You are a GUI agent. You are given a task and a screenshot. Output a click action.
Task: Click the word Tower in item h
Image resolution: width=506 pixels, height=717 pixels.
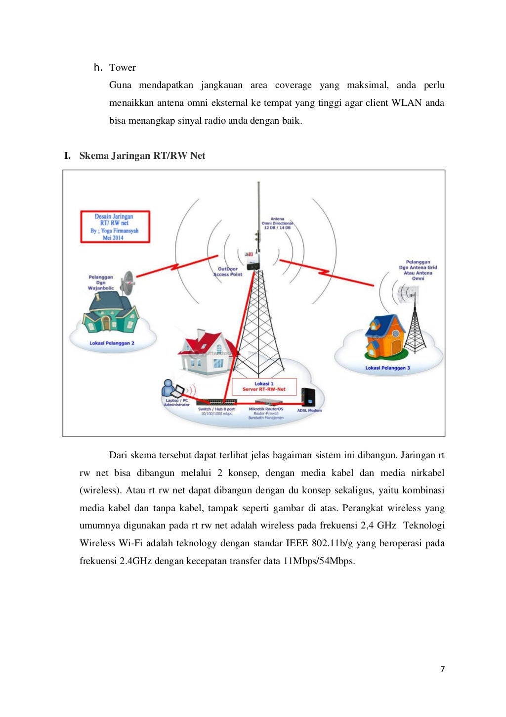[122, 68]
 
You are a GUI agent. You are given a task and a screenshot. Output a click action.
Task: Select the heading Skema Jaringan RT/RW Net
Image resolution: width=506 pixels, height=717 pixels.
[142, 156]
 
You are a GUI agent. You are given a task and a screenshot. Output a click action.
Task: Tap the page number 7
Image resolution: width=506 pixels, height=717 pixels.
[442, 669]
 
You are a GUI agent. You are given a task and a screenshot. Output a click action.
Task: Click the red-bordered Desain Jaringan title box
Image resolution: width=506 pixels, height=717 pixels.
[115, 227]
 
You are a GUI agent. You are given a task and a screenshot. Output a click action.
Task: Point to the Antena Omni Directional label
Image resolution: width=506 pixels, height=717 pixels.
[277, 223]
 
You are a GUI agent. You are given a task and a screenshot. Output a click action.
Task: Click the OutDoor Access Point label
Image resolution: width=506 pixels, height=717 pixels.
[228, 272]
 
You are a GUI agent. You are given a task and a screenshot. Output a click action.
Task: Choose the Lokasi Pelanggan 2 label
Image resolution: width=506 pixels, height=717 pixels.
[112, 343]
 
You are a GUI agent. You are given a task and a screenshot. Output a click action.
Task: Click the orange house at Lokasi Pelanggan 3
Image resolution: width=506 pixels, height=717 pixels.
[384, 337]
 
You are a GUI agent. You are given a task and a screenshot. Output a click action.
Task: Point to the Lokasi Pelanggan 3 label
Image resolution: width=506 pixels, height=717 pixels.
[387, 368]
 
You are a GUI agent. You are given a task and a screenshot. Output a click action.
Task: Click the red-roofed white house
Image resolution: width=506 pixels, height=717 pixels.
[208, 351]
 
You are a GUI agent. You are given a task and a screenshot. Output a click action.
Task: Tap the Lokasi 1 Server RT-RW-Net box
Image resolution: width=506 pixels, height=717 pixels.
[264, 386]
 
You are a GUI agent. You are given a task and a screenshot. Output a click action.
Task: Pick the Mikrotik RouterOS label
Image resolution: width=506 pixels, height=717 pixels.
[266, 409]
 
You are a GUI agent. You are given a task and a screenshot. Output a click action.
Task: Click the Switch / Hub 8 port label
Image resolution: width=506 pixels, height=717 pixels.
[216, 409]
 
